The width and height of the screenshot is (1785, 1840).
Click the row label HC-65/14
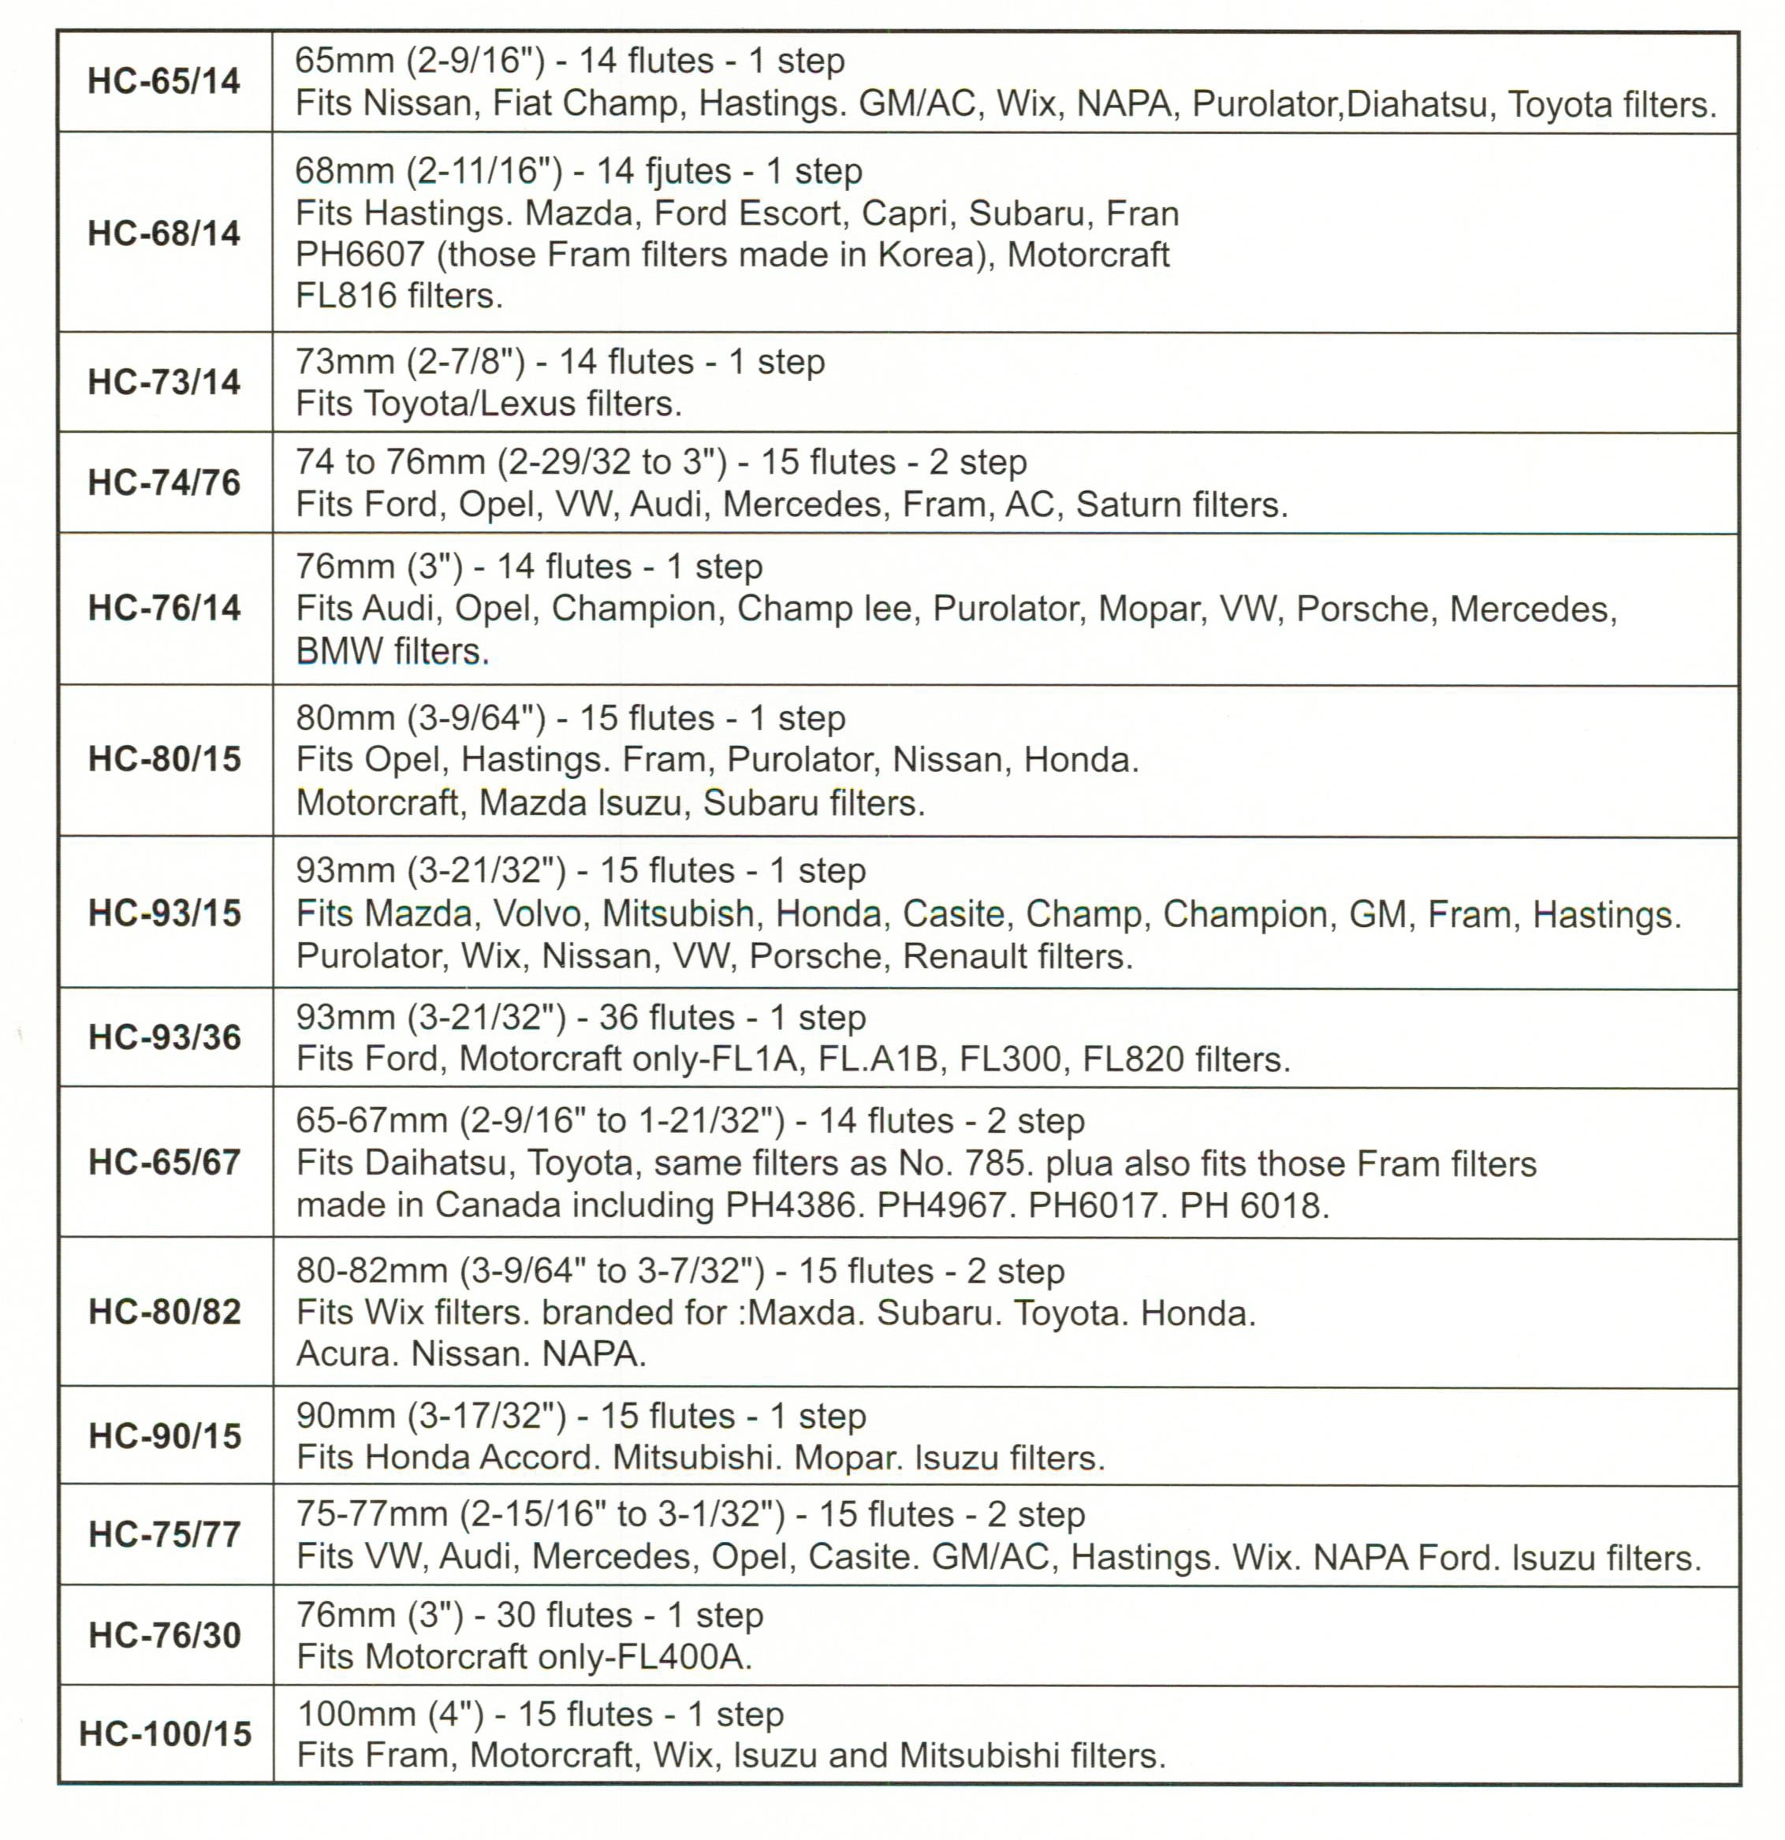click(163, 82)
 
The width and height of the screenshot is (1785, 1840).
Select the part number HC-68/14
click(163, 233)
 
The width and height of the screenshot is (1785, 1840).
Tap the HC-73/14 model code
click(163, 382)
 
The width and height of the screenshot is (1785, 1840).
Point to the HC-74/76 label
click(163, 482)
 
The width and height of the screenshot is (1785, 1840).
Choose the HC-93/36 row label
click(164, 1037)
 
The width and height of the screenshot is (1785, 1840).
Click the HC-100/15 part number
click(166, 1733)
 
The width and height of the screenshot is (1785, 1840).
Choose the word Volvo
click(537, 914)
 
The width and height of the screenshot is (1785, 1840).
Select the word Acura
click(344, 1354)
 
